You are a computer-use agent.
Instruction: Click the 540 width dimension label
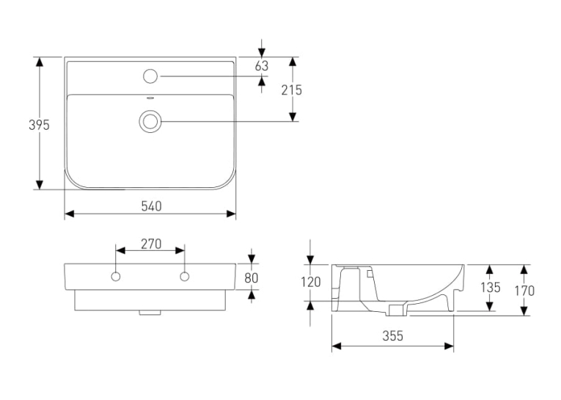[x=151, y=206]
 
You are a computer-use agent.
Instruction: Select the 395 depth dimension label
[x=39, y=125]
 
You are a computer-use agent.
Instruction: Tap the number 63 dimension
[x=262, y=66]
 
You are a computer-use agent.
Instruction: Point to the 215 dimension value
[x=292, y=90]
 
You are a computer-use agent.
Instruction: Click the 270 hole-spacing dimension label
[x=151, y=244]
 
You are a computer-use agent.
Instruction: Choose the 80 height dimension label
[x=251, y=278]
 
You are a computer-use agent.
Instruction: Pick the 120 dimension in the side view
[x=311, y=283]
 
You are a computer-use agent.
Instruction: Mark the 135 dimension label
[x=490, y=287]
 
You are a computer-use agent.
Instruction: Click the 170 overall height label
[x=524, y=291]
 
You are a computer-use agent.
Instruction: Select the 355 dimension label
[x=392, y=336]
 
